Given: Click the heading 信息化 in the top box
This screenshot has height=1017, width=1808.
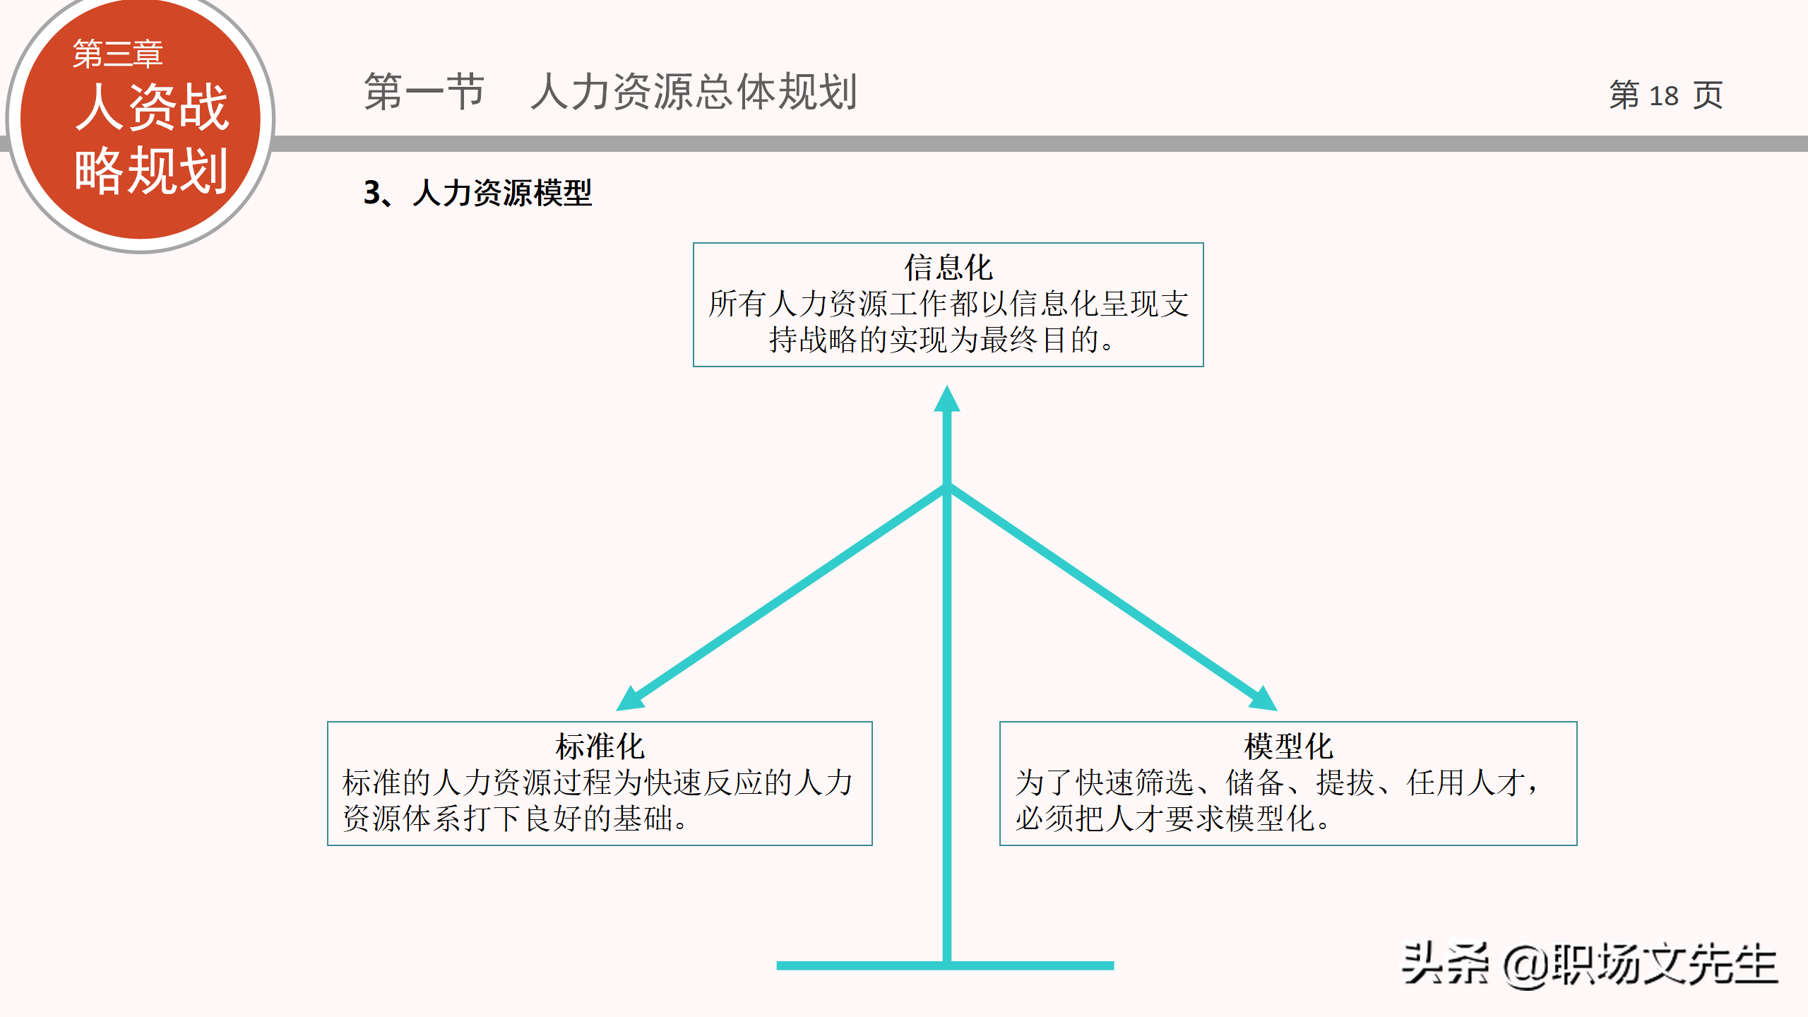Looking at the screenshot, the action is (948, 268).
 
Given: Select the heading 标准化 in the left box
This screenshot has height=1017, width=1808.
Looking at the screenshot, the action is (600, 746).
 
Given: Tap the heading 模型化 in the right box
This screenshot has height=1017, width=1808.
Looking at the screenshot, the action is (1287, 746).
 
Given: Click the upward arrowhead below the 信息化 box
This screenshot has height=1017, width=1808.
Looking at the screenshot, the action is (946, 400).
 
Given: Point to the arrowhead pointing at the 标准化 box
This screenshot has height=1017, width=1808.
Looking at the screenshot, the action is (629, 698).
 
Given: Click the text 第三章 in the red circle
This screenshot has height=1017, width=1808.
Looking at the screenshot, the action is (118, 54).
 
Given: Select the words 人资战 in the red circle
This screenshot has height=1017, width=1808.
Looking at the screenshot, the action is (152, 107).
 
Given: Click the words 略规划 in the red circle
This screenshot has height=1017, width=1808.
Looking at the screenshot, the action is (152, 170).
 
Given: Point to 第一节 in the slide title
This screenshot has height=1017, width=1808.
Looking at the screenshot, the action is (424, 92).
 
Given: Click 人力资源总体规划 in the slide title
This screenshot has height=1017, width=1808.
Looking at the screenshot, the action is (694, 92).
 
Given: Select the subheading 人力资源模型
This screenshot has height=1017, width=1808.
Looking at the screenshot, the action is (501, 193).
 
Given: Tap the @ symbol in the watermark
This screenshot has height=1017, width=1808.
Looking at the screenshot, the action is (1525, 965).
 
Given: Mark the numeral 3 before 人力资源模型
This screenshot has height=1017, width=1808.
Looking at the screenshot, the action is (372, 193).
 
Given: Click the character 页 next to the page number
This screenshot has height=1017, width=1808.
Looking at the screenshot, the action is (1708, 95).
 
